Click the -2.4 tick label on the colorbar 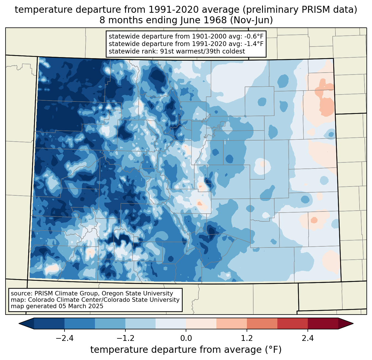tap(64, 338)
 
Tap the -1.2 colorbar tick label tap(125, 338)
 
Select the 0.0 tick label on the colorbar tap(186, 338)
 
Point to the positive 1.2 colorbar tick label tap(247, 338)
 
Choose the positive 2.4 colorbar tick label tap(308, 338)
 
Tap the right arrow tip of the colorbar tap(352, 323)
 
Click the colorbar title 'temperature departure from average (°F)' tap(186, 350)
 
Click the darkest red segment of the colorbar tap(323, 323)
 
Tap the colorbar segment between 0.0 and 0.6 tap(201, 323)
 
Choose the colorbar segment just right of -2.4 tap(80, 323)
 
